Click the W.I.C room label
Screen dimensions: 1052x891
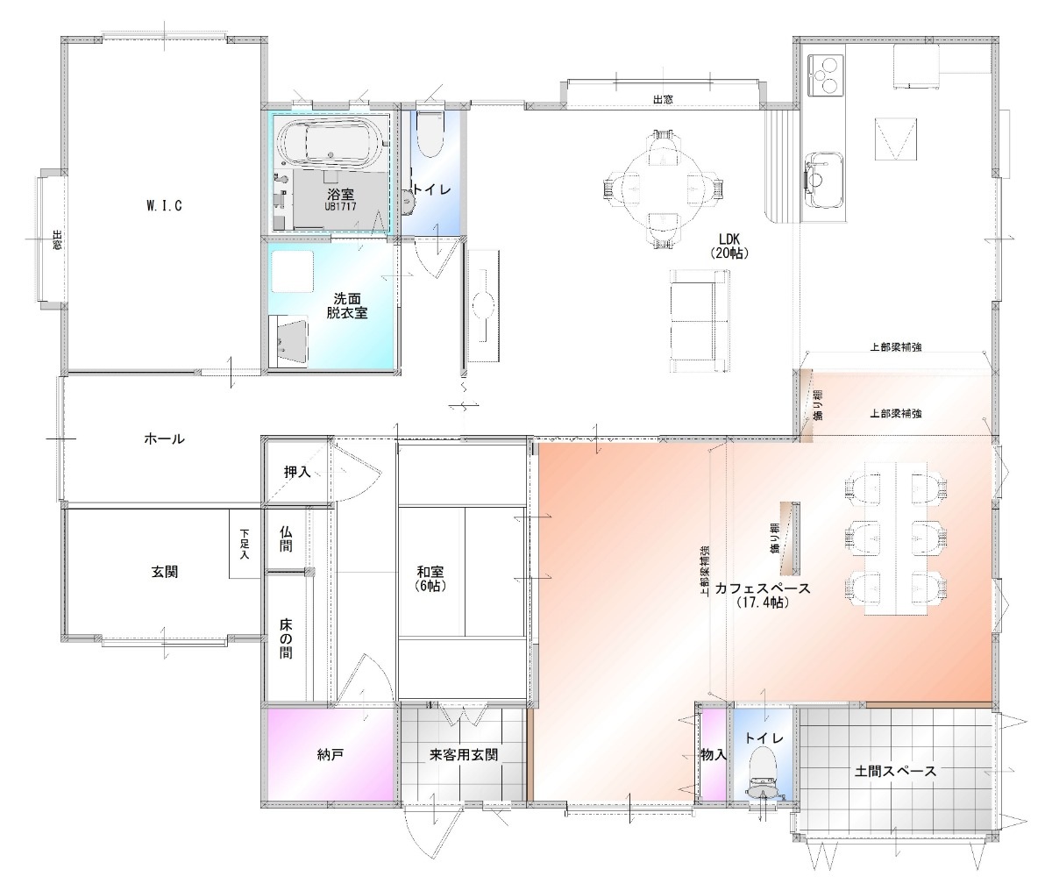pyautogui.click(x=164, y=206)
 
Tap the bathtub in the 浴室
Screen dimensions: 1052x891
pyautogui.click(x=330, y=143)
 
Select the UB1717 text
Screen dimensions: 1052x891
pyautogui.click(x=340, y=207)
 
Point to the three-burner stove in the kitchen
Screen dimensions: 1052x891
pyautogui.click(x=825, y=75)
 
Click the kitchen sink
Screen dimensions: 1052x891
pyautogui.click(x=823, y=179)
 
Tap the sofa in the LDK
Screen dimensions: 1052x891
pyautogui.click(x=700, y=321)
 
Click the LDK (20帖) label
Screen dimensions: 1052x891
pyautogui.click(x=729, y=246)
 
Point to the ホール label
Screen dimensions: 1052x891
pyautogui.click(x=165, y=438)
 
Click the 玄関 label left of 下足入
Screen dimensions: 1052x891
pyautogui.click(x=165, y=572)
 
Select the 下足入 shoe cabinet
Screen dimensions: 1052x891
pyautogui.click(x=245, y=544)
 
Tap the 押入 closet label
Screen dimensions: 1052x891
pyautogui.click(x=297, y=472)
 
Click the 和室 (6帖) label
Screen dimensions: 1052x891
pyautogui.click(x=430, y=579)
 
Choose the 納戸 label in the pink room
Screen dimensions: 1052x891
pyautogui.click(x=331, y=754)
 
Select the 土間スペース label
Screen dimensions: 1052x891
pyautogui.click(x=895, y=771)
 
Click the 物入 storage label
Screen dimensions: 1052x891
pyautogui.click(x=714, y=754)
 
